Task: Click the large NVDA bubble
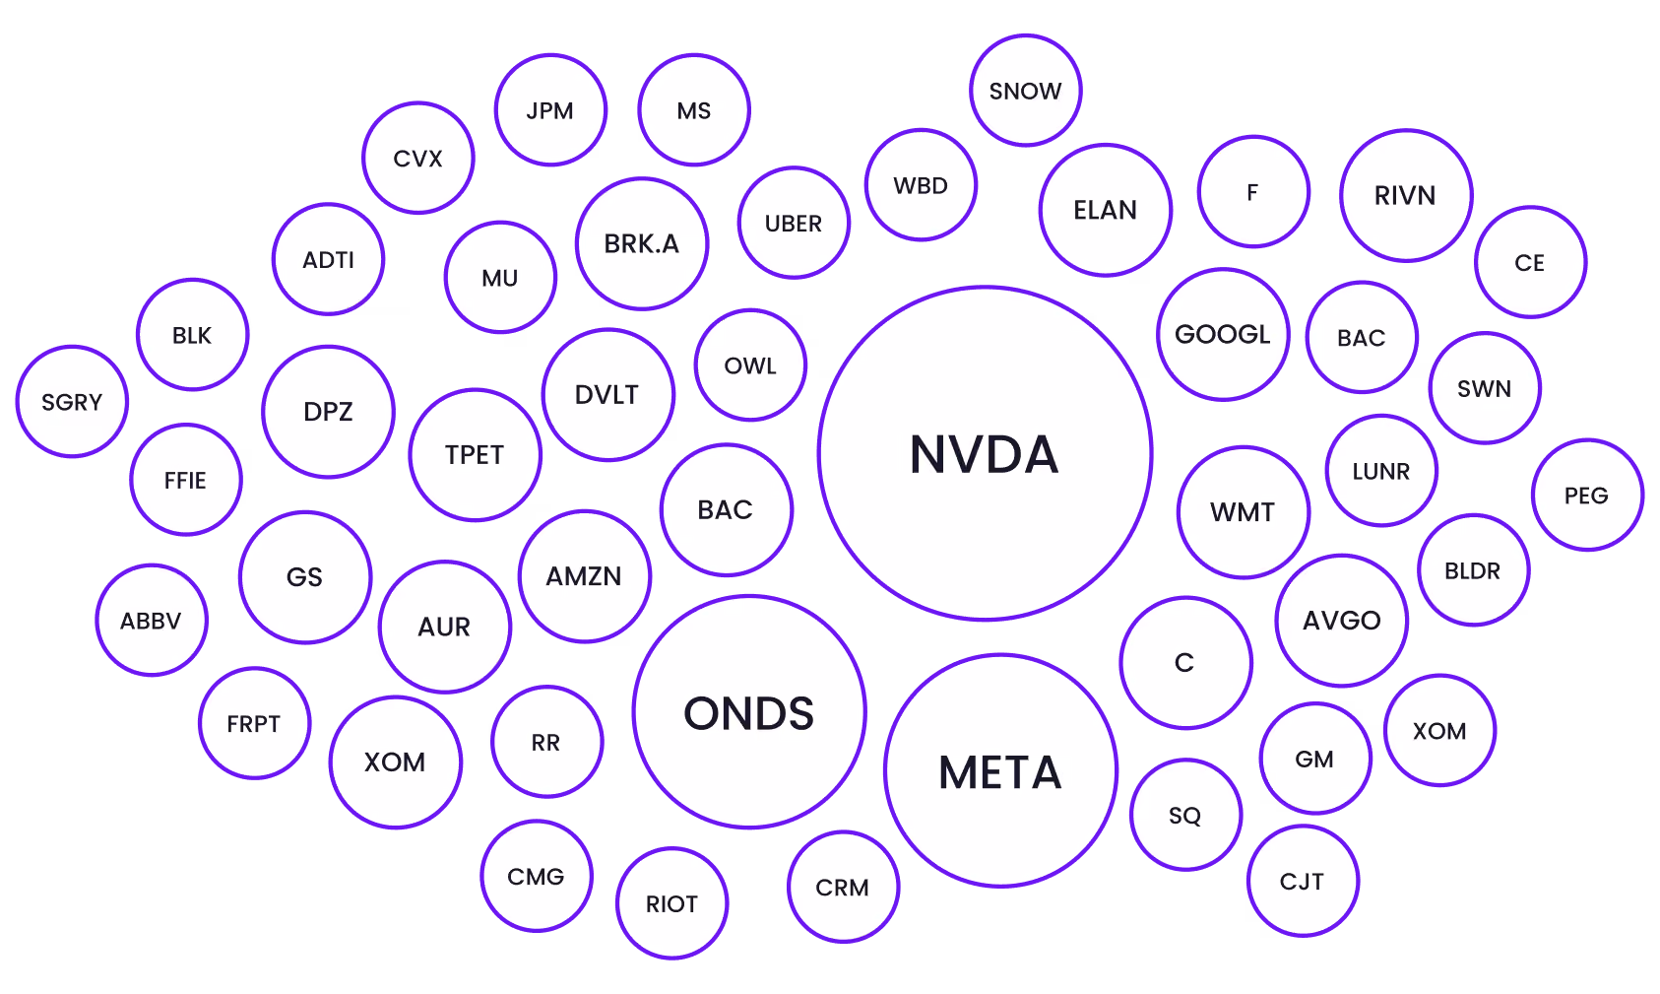pyautogui.click(x=985, y=453)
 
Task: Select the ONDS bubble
pyautogui.click(x=749, y=711)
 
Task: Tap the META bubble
pyautogui.click(x=1000, y=770)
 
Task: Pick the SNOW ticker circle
pyautogui.click(x=1026, y=91)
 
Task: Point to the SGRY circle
pyautogui.click(x=72, y=402)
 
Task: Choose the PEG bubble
pyautogui.click(x=1587, y=496)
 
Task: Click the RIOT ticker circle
pyautogui.click(x=672, y=903)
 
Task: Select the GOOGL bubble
pyautogui.click(x=1224, y=334)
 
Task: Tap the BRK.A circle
pyautogui.click(x=642, y=244)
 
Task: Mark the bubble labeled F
pyautogui.click(x=1253, y=192)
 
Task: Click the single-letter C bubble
pyautogui.click(x=1185, y=663)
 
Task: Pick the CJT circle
pyautogui.click(x=1303, y=882)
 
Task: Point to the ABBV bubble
pyautogui.click(x=152, y=621)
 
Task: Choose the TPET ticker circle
pyautogui.click(x=475, y=454)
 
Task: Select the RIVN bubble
pyautogui.click(x=1406, y=196)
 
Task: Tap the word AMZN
pyautogui.click(x=584, y=576)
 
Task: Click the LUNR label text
pyautogui.click(x=1381, y=472)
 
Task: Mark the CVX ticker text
pyautogui.click(x=418, y=159)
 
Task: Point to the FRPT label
pyautogui.click(x=254, y=723)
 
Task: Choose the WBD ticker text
pyautogui.click(x=921, y=185)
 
